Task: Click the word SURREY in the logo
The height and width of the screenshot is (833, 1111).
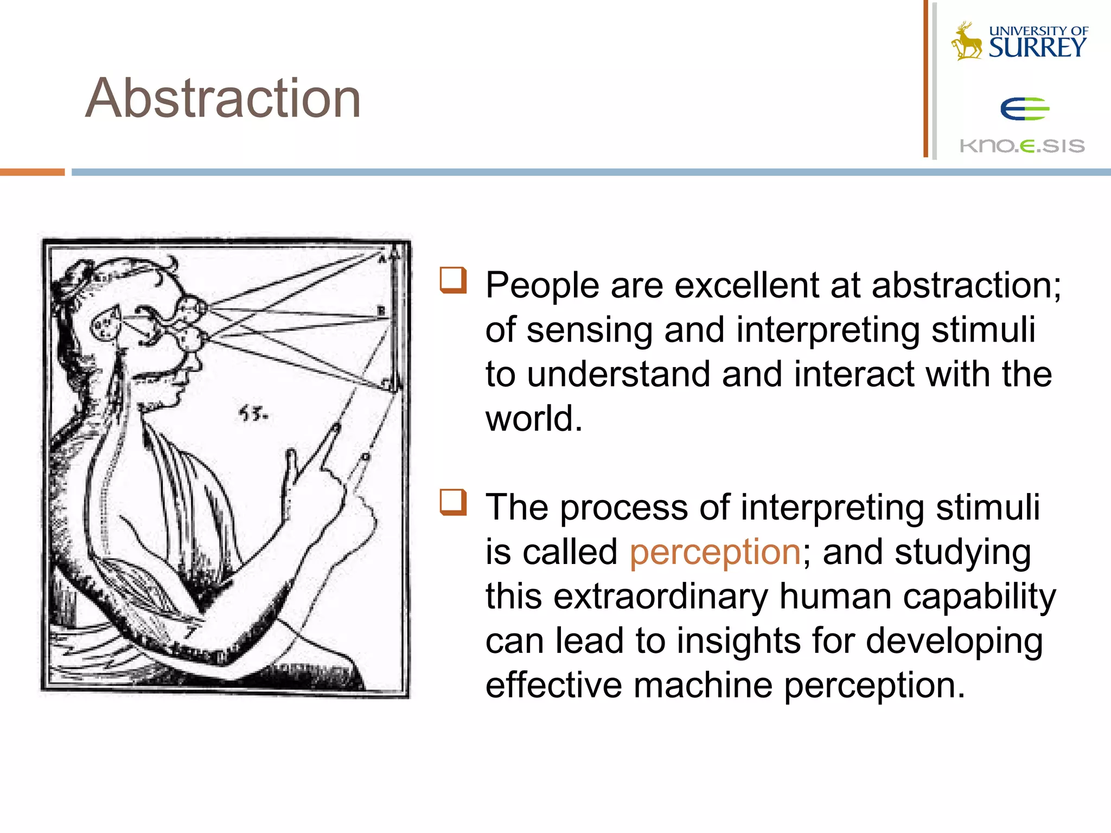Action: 1037,48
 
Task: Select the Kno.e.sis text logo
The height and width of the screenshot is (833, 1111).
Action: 1022,146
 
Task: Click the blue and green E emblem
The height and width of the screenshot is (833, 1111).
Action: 1024,109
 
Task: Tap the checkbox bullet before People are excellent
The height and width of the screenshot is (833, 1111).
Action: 453,280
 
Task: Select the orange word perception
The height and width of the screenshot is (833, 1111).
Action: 715,552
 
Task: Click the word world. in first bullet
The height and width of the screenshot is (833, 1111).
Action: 534,419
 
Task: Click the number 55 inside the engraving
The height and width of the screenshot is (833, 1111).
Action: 253,415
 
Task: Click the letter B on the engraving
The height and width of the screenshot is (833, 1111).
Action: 381,311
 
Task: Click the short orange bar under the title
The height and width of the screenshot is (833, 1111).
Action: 32,172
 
